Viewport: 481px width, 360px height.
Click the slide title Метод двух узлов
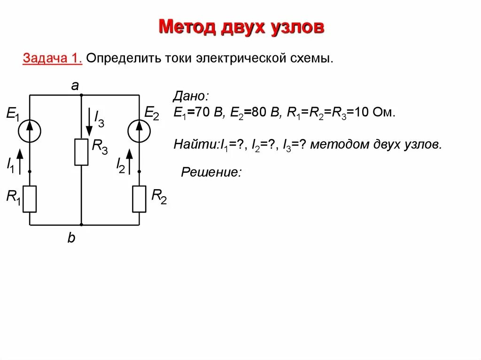click(241, 27)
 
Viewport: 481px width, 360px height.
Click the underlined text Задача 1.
click(53, 59)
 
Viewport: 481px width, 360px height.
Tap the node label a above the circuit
click(75, 85)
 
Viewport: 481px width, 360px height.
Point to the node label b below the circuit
click(71, 238)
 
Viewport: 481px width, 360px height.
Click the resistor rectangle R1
click(30, 199)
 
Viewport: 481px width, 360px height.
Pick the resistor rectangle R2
click(139, 199)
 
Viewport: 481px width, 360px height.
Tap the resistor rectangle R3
click(81, 152)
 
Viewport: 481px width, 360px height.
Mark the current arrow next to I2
click(129, 162)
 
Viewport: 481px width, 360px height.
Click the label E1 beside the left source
click(13, 114)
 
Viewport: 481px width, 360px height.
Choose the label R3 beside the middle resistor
click(100, 147)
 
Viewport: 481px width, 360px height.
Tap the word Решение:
click(211, 172)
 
